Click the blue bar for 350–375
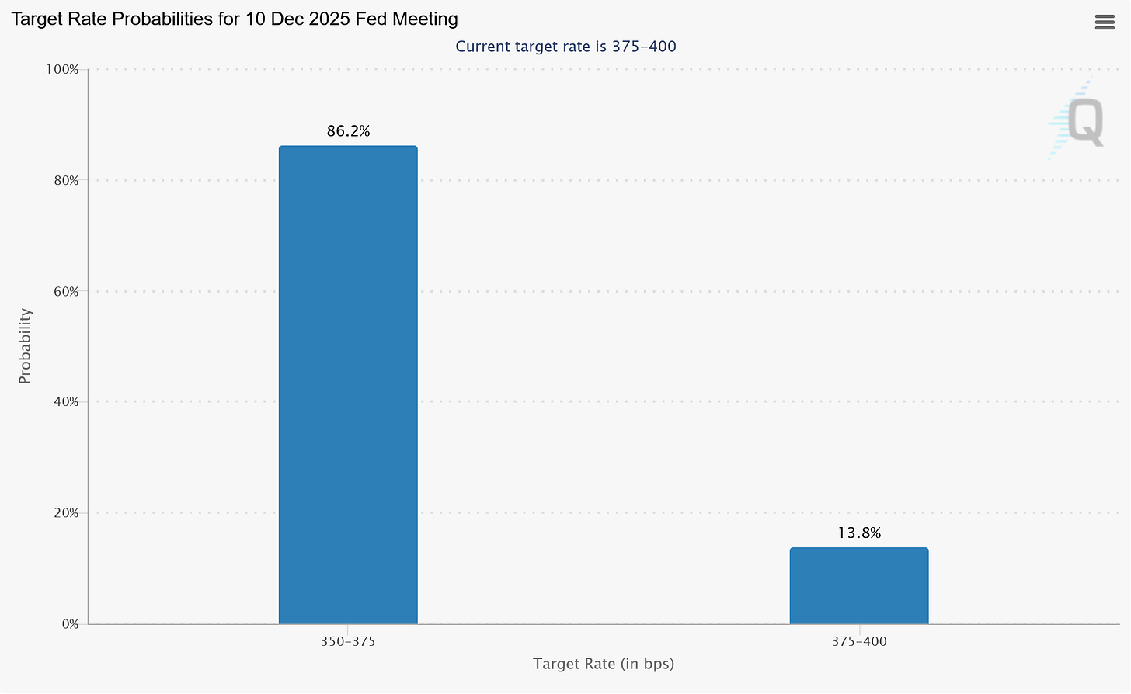point(348,384)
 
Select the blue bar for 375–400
point(858,585)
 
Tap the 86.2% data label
point(348,131)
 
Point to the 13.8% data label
point(859,533)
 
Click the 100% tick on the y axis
point(63,70)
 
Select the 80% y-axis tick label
point(65,181)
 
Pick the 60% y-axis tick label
point(65,292)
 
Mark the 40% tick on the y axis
point(65,402)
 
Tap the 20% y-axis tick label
point(65,513)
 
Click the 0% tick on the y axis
point(68,624)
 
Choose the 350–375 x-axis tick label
point(348,642)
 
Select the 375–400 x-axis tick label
point(859,642)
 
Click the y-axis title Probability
point(25,346)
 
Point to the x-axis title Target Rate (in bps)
point(604,664)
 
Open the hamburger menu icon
point(1105,23)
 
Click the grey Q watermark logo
point(1084,122)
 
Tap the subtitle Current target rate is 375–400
point(565,47)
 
